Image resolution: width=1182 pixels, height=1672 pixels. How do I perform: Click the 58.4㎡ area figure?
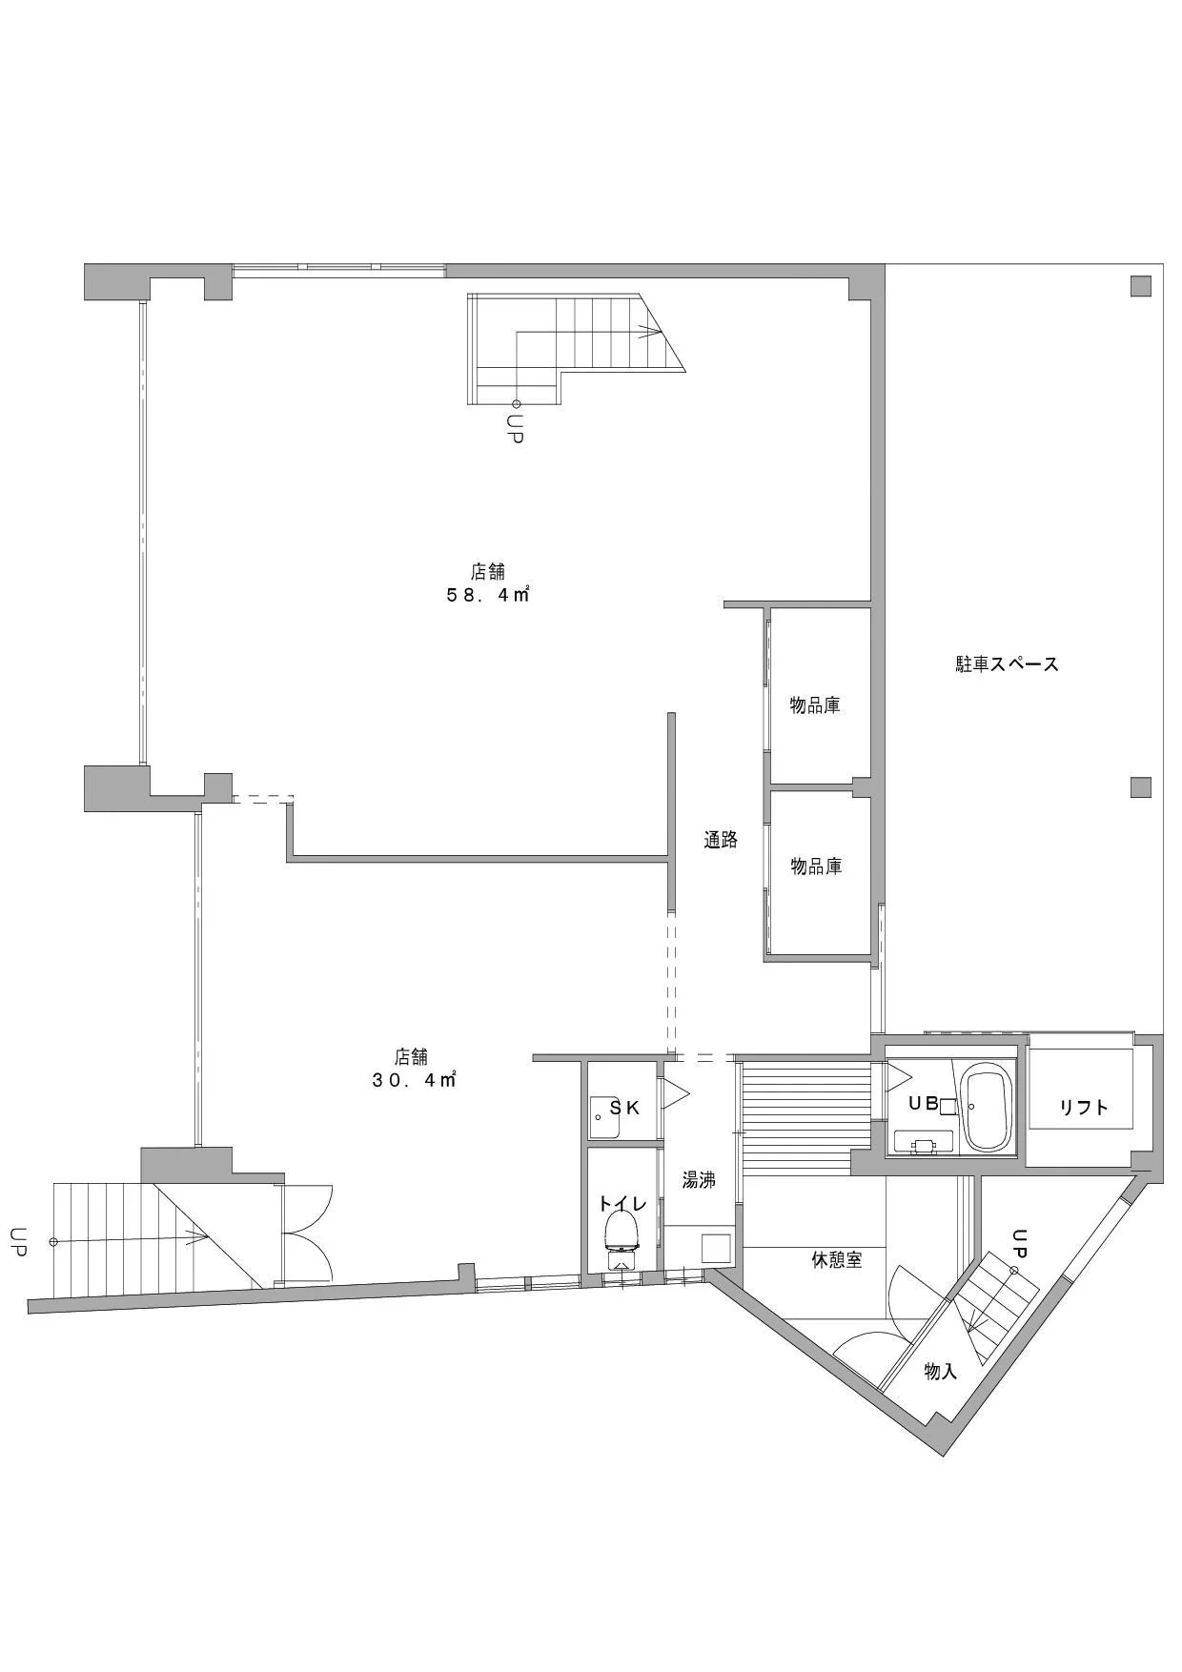tap(488, 596)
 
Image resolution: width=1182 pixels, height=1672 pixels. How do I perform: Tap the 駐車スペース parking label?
tap(1008, 664)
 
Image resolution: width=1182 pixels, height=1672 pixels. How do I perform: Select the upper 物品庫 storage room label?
tap(815, 705)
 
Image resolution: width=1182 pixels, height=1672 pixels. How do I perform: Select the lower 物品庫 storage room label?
tap(816, 867)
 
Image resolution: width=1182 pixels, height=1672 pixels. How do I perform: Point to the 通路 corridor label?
tap(721, 840)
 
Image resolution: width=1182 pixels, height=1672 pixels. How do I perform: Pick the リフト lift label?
tap(1084, 1107)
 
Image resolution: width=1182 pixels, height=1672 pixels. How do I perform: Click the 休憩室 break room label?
tap(836, 1259)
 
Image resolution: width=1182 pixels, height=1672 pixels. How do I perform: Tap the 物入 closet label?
tap(940, 1372)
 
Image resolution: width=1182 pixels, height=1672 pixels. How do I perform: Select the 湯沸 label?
tap(699, 1180)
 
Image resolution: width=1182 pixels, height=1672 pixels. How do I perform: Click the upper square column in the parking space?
tap(1141, 285)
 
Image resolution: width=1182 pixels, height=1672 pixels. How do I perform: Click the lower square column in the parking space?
tap(1141, 787)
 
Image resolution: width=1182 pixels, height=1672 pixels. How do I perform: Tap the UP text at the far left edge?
tap(17, 1241)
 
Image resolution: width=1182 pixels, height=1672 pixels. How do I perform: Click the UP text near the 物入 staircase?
tap(1019, 1241)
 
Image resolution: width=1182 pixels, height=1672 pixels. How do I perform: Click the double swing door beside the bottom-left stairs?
tap(306, 1234)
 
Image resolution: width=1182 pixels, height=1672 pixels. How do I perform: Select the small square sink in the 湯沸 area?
tap(716, 1249)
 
